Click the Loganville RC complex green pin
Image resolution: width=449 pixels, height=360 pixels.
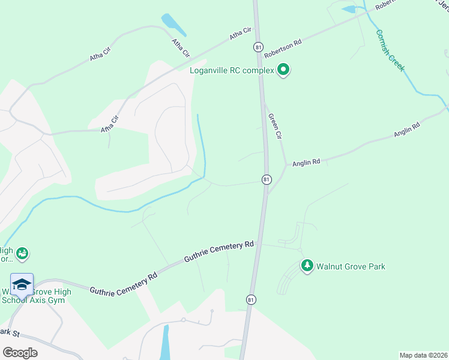(x=283, y=71)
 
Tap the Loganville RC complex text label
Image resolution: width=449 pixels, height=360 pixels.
(x=232, y=70)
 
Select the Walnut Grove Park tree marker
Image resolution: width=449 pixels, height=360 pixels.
(x=307, y=266)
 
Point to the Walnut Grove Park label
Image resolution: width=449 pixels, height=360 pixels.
(x=351, y=266)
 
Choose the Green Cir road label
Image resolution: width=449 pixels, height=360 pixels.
(x=275, y=127)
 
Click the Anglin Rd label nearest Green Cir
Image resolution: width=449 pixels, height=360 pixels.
(x=307, y=162)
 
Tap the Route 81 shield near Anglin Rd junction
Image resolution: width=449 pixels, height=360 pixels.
(x=267, y=179)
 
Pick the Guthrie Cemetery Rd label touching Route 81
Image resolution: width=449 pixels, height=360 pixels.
(x=219, y=251)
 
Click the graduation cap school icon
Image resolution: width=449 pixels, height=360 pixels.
(x=22, y=284)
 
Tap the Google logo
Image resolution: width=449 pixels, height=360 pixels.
(x=20, y=352)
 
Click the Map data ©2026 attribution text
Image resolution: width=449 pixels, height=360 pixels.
(x=423, y=355)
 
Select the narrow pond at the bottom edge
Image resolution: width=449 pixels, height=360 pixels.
(x=165, y=342)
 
